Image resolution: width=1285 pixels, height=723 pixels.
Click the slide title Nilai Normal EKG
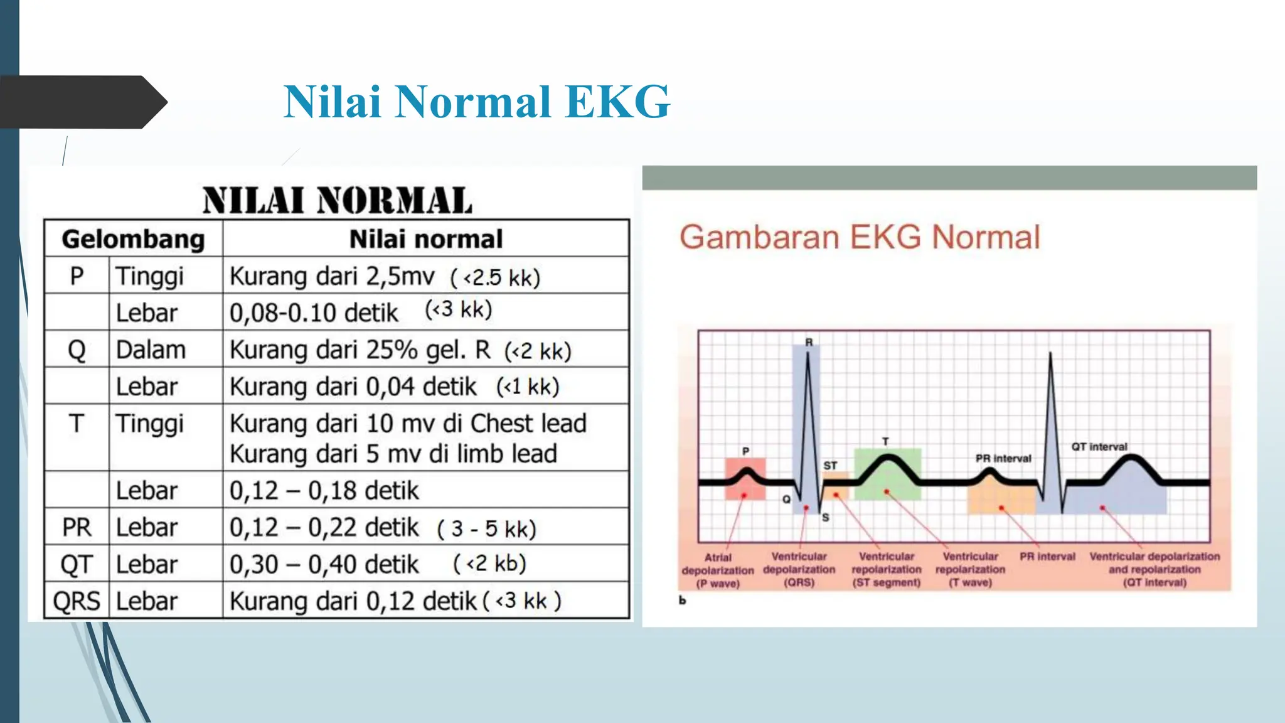click(x=476, y=102)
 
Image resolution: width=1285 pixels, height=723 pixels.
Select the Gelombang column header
click(x=133, y=239)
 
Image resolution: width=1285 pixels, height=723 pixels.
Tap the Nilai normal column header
click(x=425, y=239)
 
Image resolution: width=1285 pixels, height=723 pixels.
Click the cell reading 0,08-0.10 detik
click(x=314, y=313)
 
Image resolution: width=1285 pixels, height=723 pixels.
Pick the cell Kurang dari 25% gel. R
click(x=360, y=350)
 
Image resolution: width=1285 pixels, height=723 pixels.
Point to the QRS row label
click(x=77, y=601)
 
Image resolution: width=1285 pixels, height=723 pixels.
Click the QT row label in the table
click(x=77, y=564)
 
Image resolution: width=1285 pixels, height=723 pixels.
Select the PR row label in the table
click(x=77, y=527)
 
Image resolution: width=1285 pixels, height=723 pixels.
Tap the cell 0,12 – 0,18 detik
click(x=324, y=490)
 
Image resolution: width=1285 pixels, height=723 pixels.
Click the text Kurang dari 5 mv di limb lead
click(x=393, y=454)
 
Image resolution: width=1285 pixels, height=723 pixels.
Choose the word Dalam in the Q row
click(x=151, y=350)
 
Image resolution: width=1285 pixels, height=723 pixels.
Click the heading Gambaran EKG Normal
click(x=859, y=237)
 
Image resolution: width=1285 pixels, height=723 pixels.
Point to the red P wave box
click(x=745, y=479)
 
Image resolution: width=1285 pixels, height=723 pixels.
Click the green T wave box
click(x=887, y=474)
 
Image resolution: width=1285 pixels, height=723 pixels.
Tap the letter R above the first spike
click(x=809, y=342)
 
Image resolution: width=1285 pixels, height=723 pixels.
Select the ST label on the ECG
click(x=830, y=466)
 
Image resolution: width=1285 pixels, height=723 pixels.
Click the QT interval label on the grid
click(x=1099, y=447)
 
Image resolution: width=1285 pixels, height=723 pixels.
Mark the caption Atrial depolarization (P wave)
click(x=718, y=570)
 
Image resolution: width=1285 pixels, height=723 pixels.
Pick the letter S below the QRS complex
click(x=825, y=518)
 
